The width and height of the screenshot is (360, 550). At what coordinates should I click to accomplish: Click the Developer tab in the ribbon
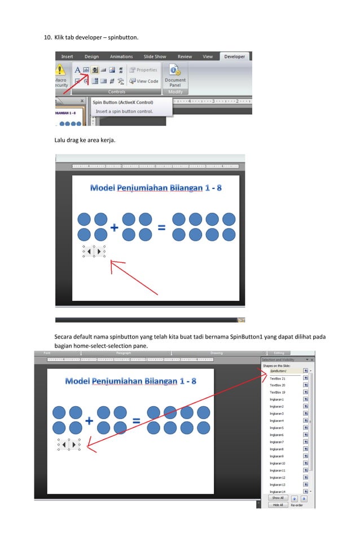pyautogui.click(x=234, y=56)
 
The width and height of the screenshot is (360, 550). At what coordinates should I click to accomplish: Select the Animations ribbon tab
pyautogui.click(x=121, y=56)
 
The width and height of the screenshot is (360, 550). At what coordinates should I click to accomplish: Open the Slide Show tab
pyautogui.click(x=155, y=56)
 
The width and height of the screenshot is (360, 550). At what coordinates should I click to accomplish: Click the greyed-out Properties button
pyautogui.click(x=143, y=70)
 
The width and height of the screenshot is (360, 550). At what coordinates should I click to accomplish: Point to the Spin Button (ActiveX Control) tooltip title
pyautogui.click(x=123, y=103)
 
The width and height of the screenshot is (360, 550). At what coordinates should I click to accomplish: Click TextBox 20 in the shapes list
pyautogui.click(x=278, y=385)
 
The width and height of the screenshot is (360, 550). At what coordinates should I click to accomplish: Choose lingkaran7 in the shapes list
pyautogui.click(x=276, y=442)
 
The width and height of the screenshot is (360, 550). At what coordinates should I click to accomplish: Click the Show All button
pyautogui.click(x=278, y=498)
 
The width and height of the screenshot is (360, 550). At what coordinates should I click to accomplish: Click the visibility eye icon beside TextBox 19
pyautogui.click(x=305, y=392)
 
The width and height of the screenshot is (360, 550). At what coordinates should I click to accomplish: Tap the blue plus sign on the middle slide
pyautogui.click(x=114, y=228)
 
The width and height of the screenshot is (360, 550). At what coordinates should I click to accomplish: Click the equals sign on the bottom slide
pyautogui.click(x=136, y=421)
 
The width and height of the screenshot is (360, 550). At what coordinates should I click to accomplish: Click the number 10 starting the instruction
pyautogui.click(x=48, y=38)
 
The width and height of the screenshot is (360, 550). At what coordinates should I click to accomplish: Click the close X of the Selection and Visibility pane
pyautogui.click(x=312, y=359)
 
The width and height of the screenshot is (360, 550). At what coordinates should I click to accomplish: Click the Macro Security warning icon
pyautogui.click(x=60, y=70)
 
